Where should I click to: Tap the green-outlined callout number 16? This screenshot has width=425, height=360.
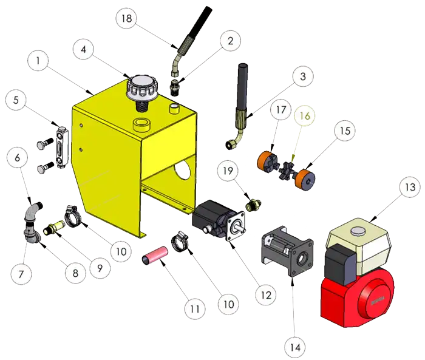[305, 116]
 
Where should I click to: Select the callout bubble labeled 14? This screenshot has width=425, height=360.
[295, 347]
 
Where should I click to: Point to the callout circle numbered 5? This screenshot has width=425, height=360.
[16, 100]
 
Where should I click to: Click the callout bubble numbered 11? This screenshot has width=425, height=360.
[195, 309]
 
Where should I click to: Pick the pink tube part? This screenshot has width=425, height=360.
[155, 255]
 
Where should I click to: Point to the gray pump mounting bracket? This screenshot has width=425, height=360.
[287, 251]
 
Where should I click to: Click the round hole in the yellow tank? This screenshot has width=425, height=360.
[182, 168]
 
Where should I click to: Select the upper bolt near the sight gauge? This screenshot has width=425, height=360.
[46, 141]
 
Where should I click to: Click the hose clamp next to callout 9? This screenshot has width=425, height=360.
[72, 216]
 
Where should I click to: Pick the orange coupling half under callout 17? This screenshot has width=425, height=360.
[266, 161]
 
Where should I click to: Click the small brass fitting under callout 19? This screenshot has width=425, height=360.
[253, 205]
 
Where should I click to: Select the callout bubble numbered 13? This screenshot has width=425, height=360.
[410, 187]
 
